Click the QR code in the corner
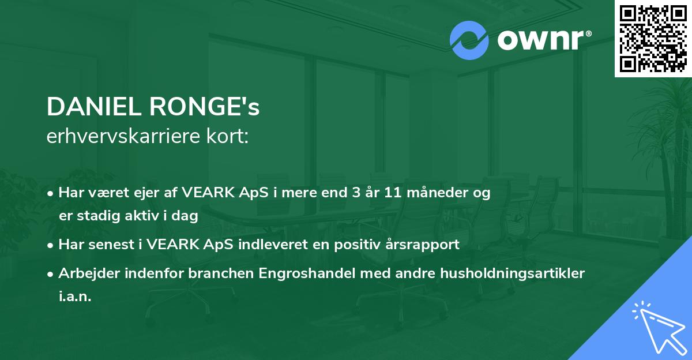[x=653, y=38]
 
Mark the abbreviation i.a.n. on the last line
[x=75, y=297]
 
